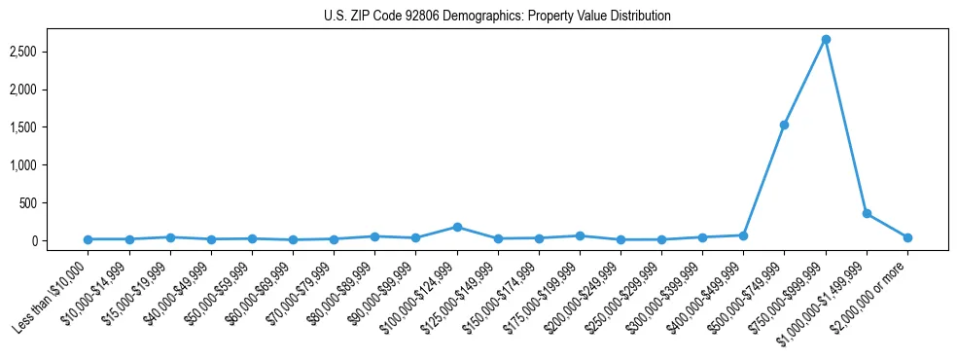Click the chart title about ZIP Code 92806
pyautogui.click(x=497, y=16)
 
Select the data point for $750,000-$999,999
pyautogui.click(x=826, y=39)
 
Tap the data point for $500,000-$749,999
pyautogui.click(x=784, y=125)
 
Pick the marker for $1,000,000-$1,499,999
pyautogui.click(x=867, y=213)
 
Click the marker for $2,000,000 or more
pyautogui.click(x=907, y=237)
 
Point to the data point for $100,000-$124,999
pyautogui.click(x=457, y=227)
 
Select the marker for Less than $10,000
pyautogui.click(x=89, y=239)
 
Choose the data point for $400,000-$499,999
pyautogui.click(x=743, y=234)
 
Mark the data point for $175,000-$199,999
pyautogui.click(x=580, y=235)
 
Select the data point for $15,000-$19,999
pyautogui.click(x=170, y=236)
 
